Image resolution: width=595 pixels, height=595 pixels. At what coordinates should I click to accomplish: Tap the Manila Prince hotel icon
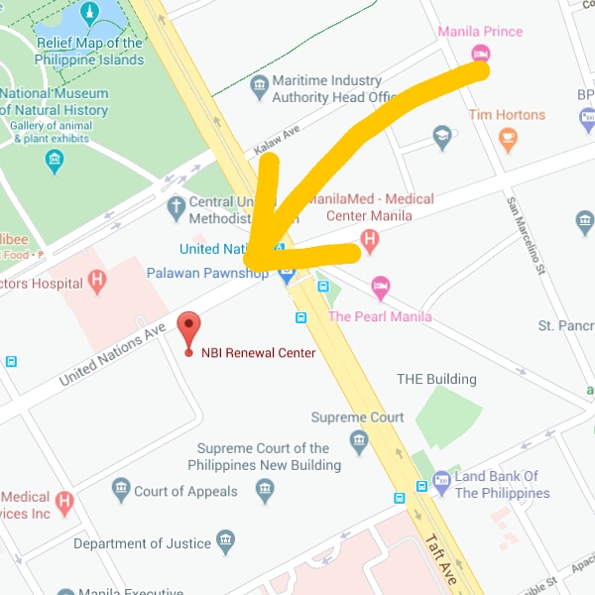click(480, 53)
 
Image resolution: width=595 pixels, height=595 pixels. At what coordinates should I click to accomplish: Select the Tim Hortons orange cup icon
click(509, 140)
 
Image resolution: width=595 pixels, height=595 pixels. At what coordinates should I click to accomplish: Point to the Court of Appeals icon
click(121, 491)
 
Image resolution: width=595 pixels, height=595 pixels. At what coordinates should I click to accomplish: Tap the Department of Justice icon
click(226, 542)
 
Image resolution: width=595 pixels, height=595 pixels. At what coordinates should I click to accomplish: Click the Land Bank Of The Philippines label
click(501, 485)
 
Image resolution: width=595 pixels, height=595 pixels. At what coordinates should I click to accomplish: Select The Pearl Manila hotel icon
click(380, 289)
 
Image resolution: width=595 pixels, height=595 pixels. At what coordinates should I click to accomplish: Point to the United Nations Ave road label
click(112, 354)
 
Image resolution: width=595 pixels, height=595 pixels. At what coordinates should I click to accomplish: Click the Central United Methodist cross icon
click(176, 209)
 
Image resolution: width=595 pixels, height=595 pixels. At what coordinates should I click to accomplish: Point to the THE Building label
click(436, 379)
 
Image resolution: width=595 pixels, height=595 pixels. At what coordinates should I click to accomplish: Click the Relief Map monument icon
click(90, 13)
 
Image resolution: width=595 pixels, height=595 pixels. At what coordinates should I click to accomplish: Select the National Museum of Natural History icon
click(56, 163)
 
